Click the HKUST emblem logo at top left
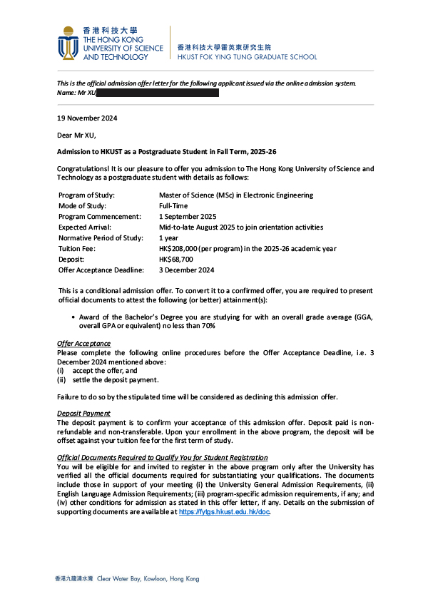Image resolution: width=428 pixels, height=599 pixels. click(x=68, y=43)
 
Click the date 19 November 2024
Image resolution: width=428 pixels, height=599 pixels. click(x=87, y=118)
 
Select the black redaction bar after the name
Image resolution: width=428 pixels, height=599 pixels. click(x=157, y=93)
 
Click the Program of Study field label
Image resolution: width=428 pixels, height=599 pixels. click(x=86, y=195)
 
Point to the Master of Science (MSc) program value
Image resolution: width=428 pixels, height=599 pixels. click(x=235, y=195)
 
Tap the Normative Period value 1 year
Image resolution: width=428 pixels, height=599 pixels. click(x=168, y=237)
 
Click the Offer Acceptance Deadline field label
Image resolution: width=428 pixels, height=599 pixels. click(x=101, y=270)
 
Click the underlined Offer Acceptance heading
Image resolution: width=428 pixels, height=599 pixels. click(x=83, y=344)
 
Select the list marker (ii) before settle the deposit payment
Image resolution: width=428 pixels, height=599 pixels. click(x=61, y=379)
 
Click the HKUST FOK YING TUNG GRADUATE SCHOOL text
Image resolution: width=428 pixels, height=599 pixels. click(x=246, y=57)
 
